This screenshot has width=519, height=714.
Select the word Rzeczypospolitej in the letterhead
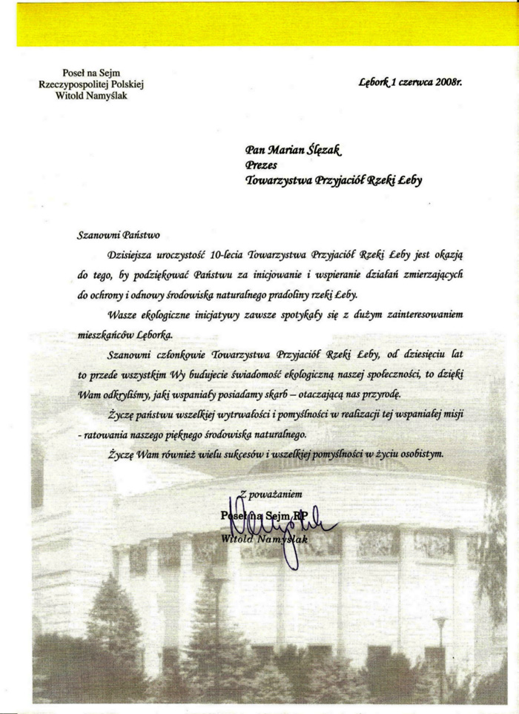point(73,84)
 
